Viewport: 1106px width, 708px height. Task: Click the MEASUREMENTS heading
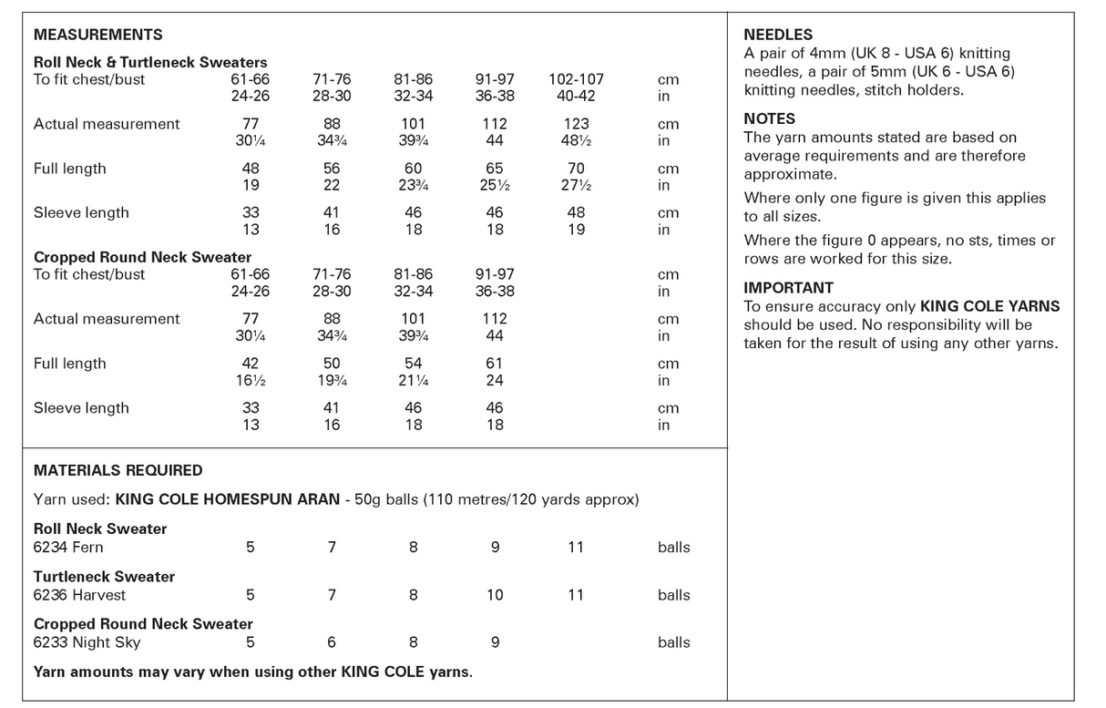(97, 35)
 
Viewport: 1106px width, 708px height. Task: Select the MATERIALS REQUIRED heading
(118, 470)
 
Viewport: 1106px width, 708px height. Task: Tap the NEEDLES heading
(778, 35)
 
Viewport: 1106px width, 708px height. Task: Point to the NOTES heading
(770, 118)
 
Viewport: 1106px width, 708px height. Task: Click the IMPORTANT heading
(788, 288)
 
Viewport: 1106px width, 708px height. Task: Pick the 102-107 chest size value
(576, 79)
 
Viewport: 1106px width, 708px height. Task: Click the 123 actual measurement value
(576, 124)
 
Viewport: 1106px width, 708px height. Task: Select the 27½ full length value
(576, 185)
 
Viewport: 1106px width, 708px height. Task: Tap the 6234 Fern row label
(68, 547)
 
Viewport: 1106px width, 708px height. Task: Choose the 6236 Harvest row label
(79, 595)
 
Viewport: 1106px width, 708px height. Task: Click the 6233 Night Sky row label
(87, 642)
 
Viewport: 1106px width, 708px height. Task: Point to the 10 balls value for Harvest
(495, 595)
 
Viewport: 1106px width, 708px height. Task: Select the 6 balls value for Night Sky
(332, 642)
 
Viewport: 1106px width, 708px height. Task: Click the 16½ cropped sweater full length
(251, 380)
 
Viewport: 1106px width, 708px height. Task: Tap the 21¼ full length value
(413, 380)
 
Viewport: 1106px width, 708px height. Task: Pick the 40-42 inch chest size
(576, 96)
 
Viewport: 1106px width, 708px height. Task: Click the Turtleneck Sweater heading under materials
(104, 576)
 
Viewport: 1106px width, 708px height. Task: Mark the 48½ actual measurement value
(576, 140)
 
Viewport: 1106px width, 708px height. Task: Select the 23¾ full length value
(413, 185)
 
